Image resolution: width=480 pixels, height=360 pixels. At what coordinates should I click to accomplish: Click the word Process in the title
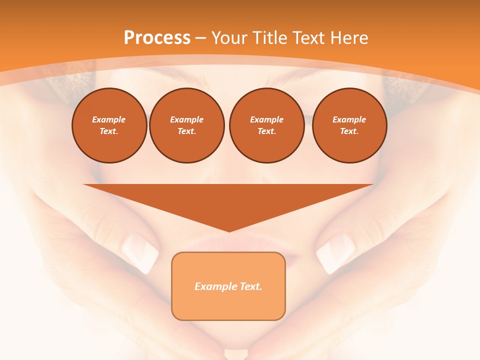(157, 38)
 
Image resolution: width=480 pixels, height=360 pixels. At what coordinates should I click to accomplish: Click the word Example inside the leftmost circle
(109, 119)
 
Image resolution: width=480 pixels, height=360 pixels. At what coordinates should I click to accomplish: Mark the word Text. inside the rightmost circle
(349, 131)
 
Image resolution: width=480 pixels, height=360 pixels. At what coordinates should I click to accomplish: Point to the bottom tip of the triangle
(229, 230)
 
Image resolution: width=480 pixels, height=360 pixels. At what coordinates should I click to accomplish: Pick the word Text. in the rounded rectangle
(250, 286)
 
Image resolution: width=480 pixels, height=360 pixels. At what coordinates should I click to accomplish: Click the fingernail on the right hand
(334, 253)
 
